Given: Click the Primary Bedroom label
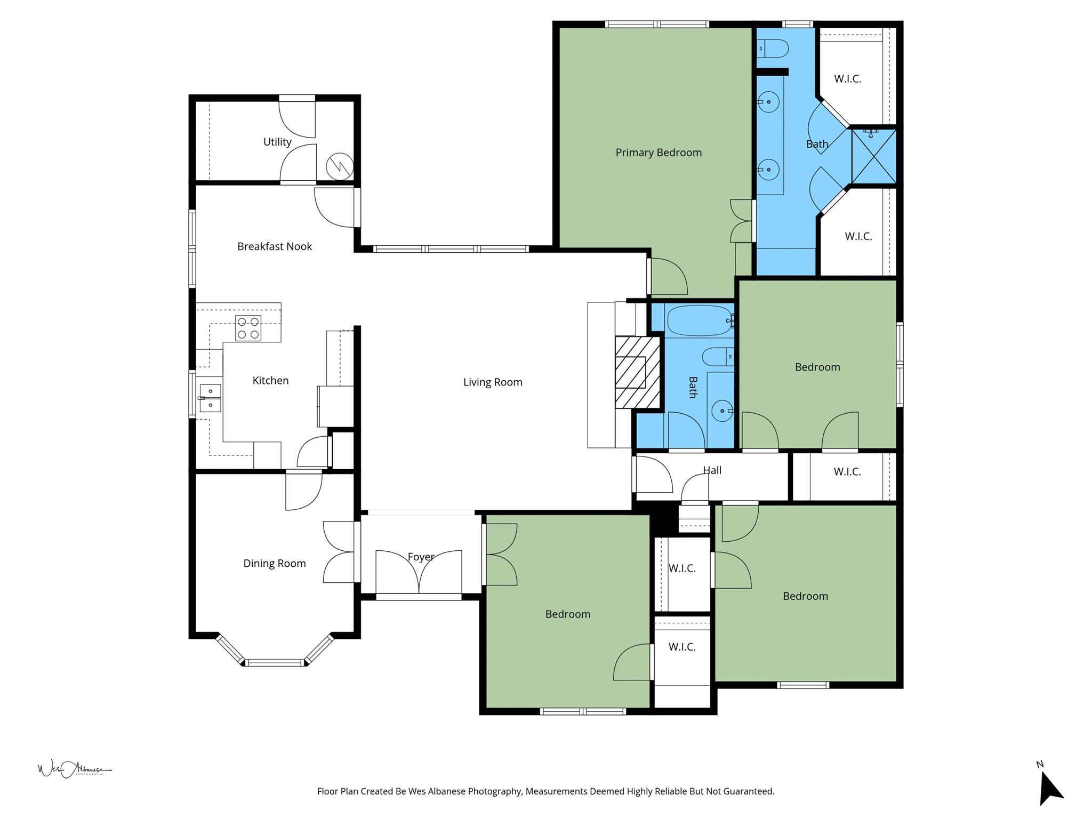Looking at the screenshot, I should click(659, 152).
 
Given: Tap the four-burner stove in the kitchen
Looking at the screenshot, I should click(248, 328).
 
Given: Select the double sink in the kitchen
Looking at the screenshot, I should click(210, 398).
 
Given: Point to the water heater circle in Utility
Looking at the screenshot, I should click(340, 166).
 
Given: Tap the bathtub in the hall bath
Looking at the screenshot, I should click(699, 320).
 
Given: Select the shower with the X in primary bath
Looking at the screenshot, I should click(873, 157).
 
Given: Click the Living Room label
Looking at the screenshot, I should click(492, 382).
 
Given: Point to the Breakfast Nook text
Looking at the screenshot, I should click(274, 246).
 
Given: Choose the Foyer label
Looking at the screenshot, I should click(420, 557).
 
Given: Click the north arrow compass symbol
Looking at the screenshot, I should click(1049, 787).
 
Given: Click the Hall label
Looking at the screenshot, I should click(712, 470).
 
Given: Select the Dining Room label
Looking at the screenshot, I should click(274, 564).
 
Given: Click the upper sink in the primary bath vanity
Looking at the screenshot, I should click(768, 101).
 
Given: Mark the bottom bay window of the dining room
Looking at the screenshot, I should click(275, 663).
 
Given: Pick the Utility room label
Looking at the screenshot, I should click(277, 142).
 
